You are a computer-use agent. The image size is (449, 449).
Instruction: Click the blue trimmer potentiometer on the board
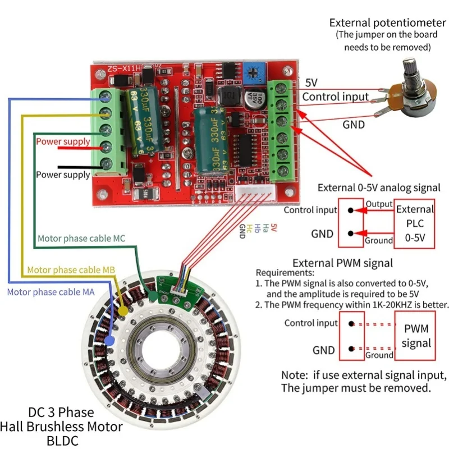255,71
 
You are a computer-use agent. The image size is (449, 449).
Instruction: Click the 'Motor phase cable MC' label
81,239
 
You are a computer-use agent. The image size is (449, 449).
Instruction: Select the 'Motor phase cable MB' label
71,270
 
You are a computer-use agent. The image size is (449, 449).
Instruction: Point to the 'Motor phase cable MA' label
51,291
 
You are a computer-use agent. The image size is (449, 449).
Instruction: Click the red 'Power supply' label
63,141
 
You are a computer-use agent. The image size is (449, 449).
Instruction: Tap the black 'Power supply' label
63,175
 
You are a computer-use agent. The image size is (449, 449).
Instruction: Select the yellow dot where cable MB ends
123,309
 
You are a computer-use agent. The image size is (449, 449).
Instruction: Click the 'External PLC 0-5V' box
415,223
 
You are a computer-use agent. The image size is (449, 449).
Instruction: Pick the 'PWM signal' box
416,336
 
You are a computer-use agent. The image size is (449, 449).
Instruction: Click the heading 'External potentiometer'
387,23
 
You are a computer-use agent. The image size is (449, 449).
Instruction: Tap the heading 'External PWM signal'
343,263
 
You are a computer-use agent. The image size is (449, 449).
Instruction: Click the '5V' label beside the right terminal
311,83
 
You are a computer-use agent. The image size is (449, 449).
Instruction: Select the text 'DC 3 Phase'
61,413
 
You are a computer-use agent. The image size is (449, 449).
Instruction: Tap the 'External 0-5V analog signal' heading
379,187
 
